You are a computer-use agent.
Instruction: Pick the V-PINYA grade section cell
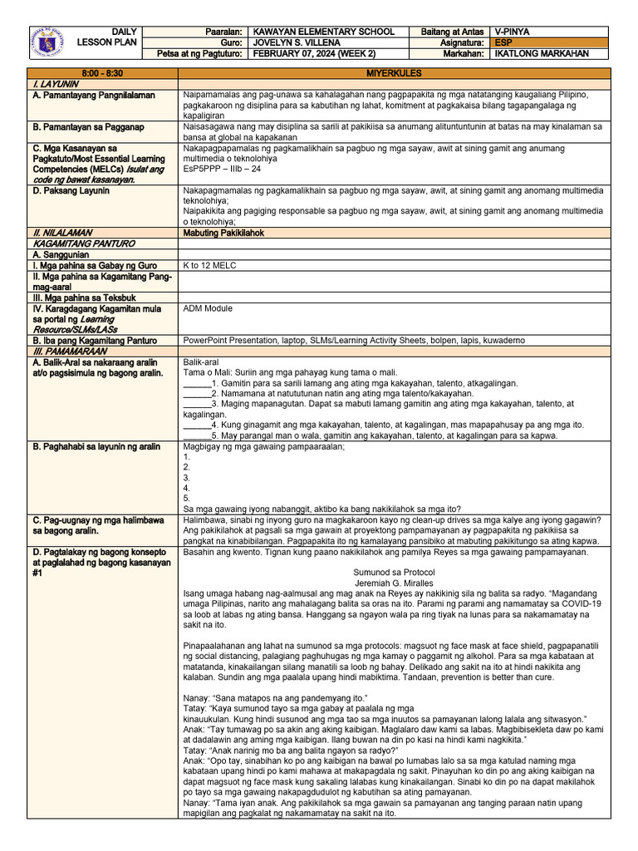click(515, 31)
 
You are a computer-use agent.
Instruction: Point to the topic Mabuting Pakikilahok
click(223, 233)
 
